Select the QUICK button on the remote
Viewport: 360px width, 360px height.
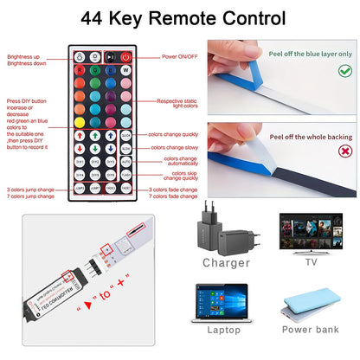[x=125, y=136]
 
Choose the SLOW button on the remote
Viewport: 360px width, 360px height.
[x=125, y=148]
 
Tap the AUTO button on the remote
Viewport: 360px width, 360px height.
[x=125, y=161]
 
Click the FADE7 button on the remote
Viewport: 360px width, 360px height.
[x=125, y=187]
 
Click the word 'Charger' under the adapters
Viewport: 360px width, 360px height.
[x=226, y=262]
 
